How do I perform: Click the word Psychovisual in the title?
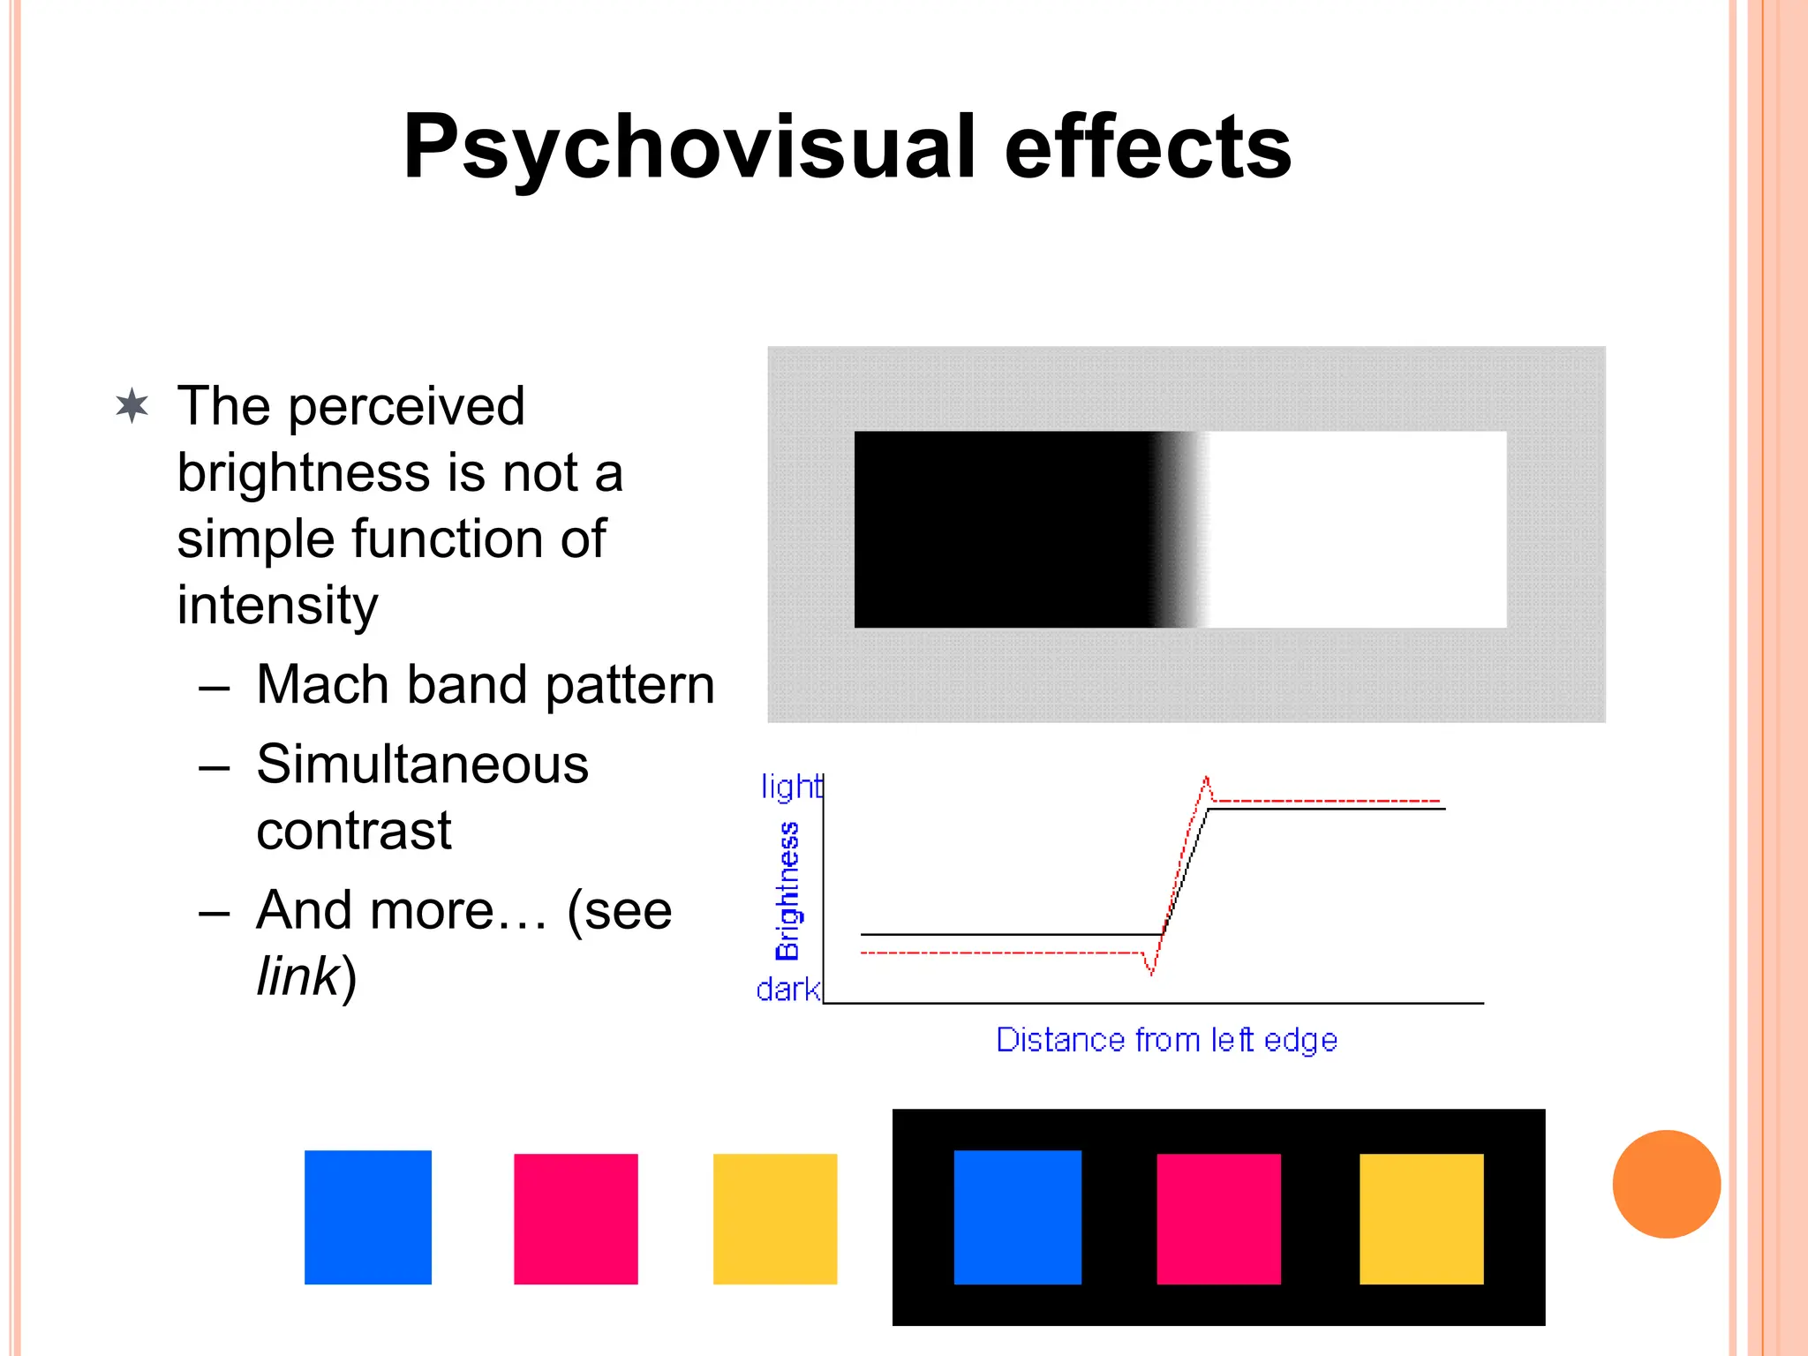pos(689,148)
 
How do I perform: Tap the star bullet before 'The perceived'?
pos(132,407)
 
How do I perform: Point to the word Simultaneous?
pos(422,765)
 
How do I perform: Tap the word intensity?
pos(277,606)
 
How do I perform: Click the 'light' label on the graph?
pos(790,787)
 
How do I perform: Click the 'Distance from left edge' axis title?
pos(1166,1040)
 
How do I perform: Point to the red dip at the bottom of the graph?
pos(1151,972)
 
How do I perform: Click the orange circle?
pos(1666,1184)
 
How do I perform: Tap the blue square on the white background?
pos(368,1217)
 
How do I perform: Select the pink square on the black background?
pos(1218,1218)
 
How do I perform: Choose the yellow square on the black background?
pos(1421,1218)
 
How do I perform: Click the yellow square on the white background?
pos(775,1218)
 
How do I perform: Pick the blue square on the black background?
pos(1017,1217)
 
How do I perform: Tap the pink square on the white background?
pos(576,1218)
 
